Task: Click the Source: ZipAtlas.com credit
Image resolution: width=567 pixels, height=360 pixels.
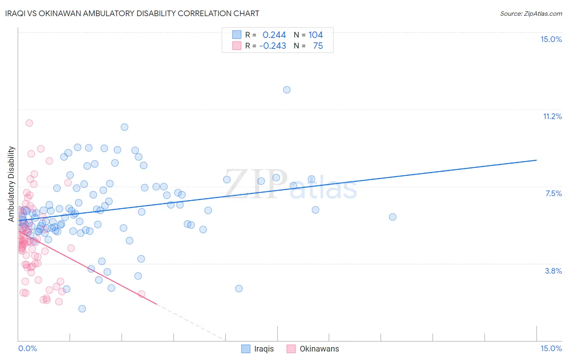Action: click(x=531, y=13)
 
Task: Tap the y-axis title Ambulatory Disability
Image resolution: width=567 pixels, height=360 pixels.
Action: click(x=11, y=184)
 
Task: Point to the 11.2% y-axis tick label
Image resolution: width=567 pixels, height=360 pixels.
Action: click(x=552, y=116)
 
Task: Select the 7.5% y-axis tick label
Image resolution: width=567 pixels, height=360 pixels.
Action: click(x=553, y=193)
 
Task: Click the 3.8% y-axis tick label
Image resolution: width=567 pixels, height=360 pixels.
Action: click(x=553, y=271)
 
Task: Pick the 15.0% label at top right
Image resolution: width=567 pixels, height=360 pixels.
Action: click(x=551, y=39)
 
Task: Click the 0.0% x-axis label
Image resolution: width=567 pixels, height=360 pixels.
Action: click(x=27, y=348)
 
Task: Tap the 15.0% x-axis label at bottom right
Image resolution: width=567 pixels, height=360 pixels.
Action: click(x=551, y=348)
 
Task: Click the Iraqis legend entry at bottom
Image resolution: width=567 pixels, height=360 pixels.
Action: click(x=257, y=349)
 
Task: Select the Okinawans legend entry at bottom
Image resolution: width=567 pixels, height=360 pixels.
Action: click(x=313, y=349)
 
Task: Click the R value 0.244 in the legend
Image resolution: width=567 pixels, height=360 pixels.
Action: click(x=274, y=35)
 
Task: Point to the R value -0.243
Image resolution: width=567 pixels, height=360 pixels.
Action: click(x=273, y=46)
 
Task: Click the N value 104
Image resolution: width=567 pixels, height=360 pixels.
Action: click(x=315, y=35)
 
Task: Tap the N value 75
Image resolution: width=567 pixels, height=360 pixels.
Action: click(x=318, y=46)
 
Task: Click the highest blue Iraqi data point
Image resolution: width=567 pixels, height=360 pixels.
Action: click(x=287, y=90)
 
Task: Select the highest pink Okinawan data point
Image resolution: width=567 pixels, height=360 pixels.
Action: click(x=29, y=123)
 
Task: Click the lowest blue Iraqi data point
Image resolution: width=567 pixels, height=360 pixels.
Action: click(x=82, y=309)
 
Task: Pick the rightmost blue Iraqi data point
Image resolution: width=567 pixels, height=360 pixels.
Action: click(x=392, y=217)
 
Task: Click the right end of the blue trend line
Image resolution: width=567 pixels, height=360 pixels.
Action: click(x=536, y=160)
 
